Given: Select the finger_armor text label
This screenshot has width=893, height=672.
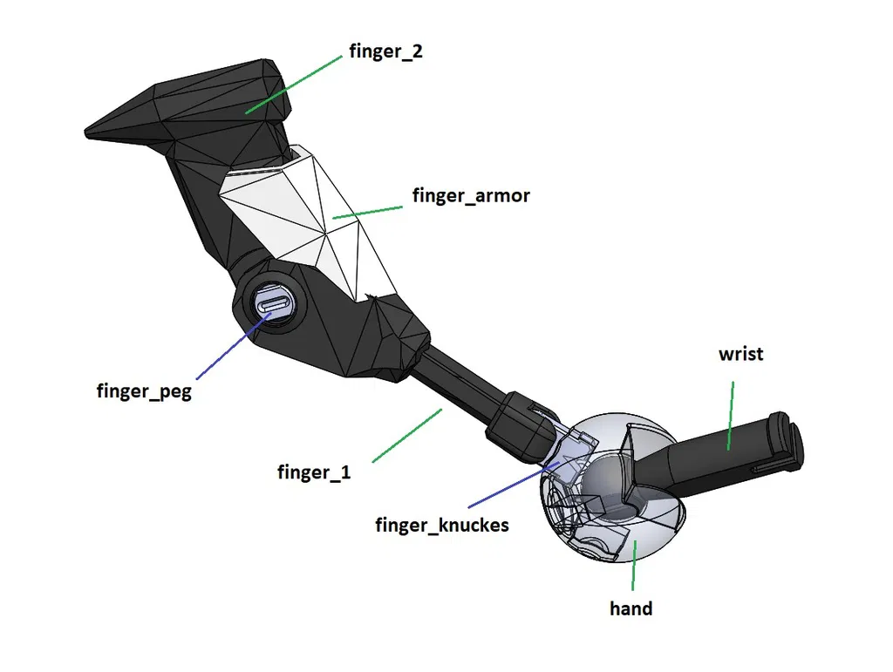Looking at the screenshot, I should [471, 195].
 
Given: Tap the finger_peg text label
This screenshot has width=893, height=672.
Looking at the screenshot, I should [143, 390].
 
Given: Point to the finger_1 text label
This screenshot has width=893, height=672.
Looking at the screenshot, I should [314, 472].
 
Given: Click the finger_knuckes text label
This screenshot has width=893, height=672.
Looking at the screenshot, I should [442, 525].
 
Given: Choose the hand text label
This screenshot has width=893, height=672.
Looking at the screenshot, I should [631, 608].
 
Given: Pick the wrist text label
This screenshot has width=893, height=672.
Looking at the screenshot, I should [740, 354].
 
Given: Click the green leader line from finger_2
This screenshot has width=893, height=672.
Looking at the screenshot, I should [293, 83].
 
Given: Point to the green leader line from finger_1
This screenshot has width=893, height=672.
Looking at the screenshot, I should [407, 435].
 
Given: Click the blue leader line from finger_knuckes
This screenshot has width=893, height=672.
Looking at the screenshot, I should [515, 483].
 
